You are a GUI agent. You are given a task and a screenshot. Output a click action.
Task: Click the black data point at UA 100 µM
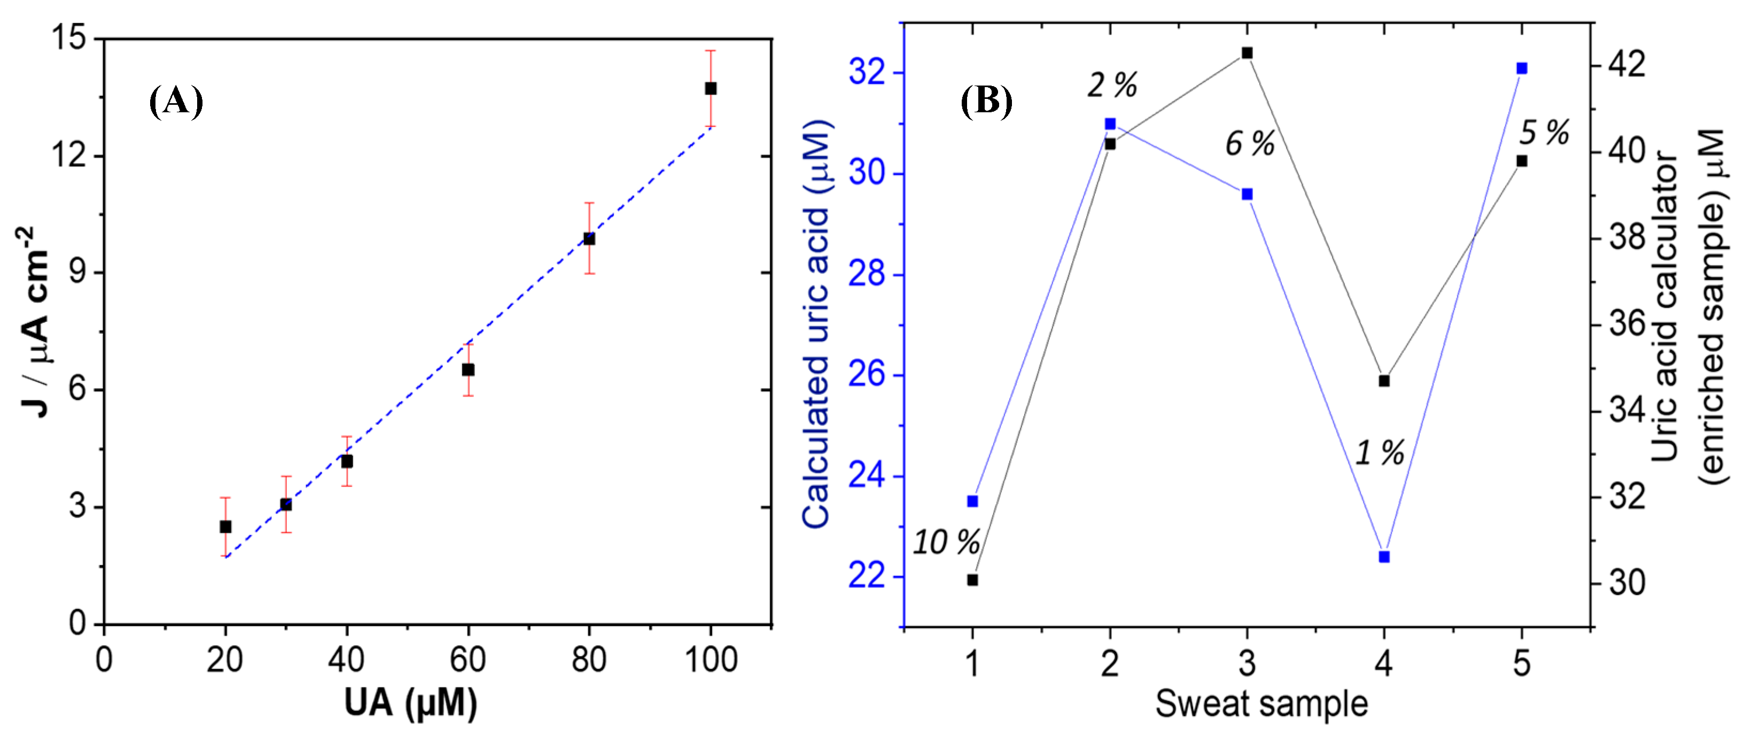coord(710,89)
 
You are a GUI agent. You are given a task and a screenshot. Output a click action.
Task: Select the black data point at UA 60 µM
coord(468,369)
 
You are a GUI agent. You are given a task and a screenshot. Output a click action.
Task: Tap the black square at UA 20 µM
coord(225,527)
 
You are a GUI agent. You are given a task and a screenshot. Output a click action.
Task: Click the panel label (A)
coord(175,102)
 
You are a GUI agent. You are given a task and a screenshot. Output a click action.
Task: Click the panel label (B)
coord(986,102)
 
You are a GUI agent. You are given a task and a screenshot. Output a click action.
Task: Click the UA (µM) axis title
coord(410,703)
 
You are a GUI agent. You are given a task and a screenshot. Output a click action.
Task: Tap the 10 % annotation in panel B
coord(946,542)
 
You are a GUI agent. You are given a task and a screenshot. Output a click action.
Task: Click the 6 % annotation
coord(1250,144)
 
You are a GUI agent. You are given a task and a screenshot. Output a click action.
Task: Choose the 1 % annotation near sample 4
coord(1379,453)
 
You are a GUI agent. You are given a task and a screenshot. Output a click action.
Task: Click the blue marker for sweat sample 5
coord(1522,68)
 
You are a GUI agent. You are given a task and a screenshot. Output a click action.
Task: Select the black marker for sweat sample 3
coord(1247,53)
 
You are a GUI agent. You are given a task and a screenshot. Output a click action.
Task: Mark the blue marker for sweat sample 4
coord(1384,557)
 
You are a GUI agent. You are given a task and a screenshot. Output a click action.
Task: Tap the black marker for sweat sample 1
coord(972,580)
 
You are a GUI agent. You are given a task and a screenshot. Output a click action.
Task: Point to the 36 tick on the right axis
coord(1627,323)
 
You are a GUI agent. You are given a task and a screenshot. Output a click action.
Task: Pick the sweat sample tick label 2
coord(1110,663)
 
